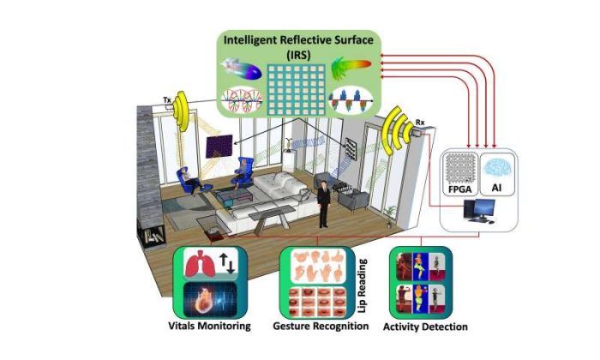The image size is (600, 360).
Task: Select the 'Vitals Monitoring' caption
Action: pyautogui.click(x=209, y=327)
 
